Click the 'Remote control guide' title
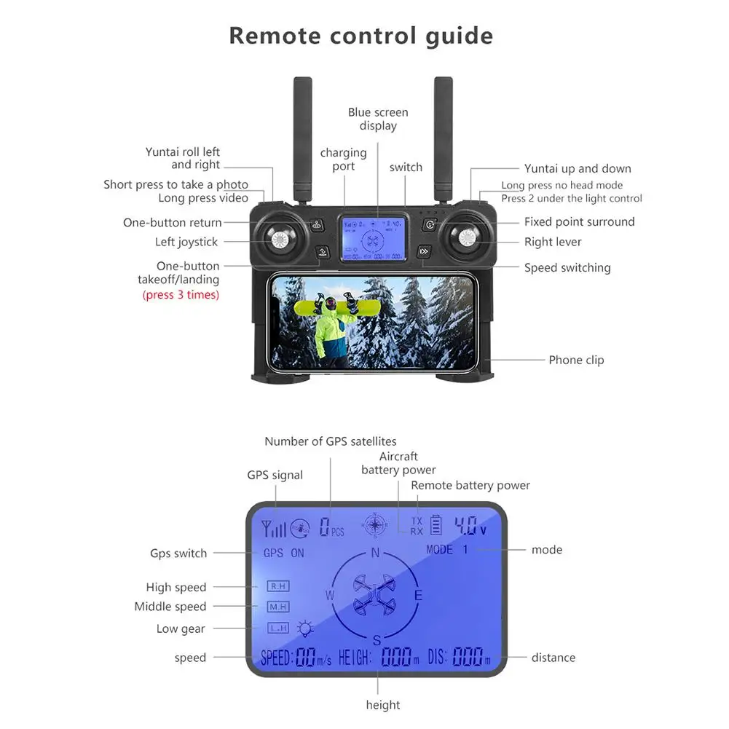coord(360,35)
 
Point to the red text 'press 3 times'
coord(180,295)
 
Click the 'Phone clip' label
coord(576,360)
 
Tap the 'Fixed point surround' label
coord(579,222)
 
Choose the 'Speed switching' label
coord(567,268)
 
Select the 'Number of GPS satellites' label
coord(330,441)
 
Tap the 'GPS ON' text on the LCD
coord(283,553)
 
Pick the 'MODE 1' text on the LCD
coord(447,550)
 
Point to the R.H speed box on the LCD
coord(277,586)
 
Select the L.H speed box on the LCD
coord(277,628)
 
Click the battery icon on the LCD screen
coord(436,526)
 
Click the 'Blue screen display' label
coord(378,119)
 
